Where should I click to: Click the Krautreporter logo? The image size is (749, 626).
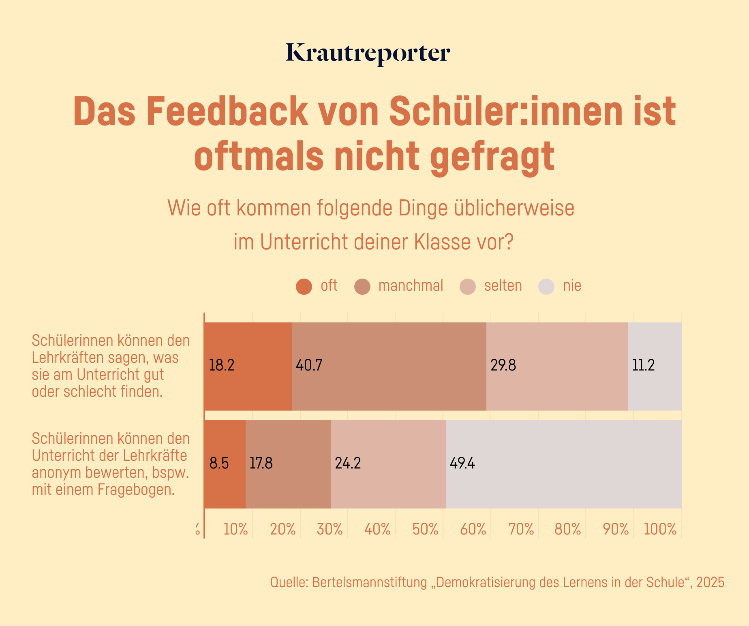point(368,54)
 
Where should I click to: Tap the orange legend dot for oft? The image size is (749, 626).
point(304,287)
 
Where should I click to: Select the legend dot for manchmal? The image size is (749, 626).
point(362,287)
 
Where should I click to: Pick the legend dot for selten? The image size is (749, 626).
point(468,287)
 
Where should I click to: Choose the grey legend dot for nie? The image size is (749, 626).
point(546,287)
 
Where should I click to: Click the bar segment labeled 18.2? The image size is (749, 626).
point(248,366)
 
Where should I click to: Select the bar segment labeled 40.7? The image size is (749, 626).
point(389,366)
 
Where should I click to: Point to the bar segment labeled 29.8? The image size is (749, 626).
point(557,366)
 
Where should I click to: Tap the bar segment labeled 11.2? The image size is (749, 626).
point(655,366)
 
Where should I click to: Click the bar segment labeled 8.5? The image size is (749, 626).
point(225,464)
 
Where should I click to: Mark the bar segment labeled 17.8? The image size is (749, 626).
point(288,464)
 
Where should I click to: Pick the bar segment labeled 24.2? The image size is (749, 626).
point(388,464)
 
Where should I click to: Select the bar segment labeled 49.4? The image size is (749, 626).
point(563,464)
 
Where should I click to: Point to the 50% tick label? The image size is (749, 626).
point(425,529)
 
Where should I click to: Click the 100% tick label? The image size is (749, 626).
point(660,529)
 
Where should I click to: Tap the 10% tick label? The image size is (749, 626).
point(235,529)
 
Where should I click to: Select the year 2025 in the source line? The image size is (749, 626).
point(710,582)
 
